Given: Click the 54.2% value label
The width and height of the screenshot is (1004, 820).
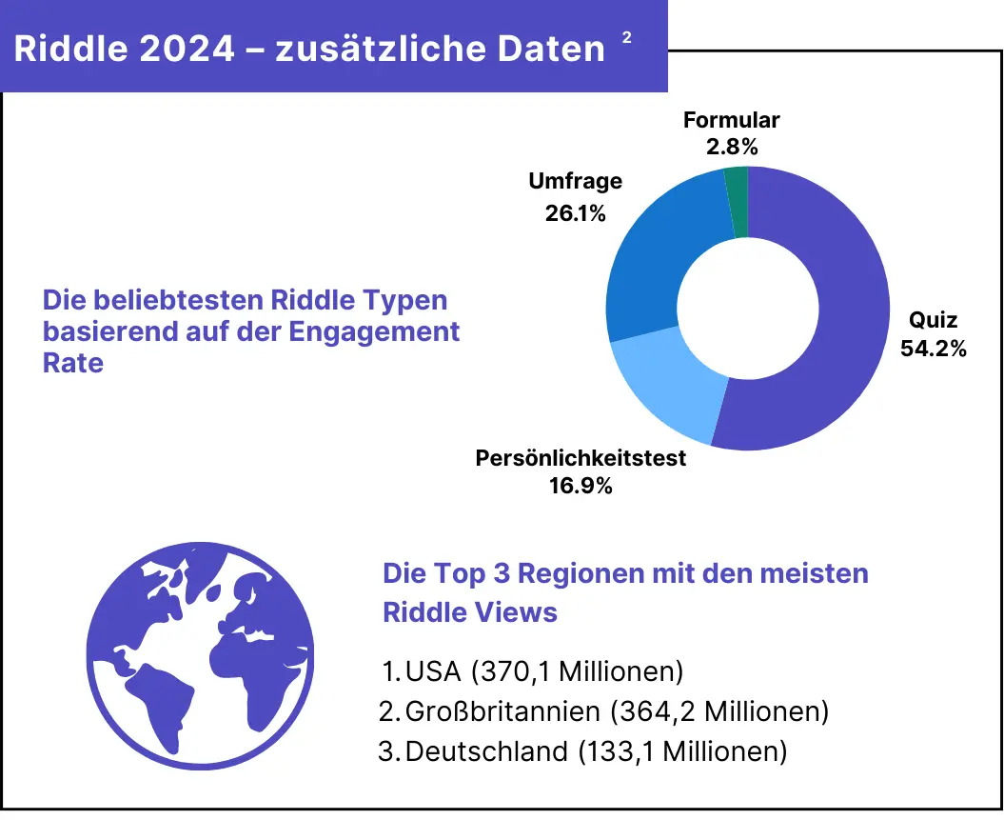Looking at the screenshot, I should (934, 349).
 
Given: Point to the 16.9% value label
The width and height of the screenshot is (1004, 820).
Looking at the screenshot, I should (581, 486).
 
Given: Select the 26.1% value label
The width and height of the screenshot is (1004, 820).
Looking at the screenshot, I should (576, 213).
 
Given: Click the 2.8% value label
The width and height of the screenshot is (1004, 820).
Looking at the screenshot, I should (732, 147).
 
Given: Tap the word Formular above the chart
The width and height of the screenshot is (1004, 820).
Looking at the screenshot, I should (732, 120).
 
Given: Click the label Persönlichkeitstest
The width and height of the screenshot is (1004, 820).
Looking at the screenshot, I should (581, 458).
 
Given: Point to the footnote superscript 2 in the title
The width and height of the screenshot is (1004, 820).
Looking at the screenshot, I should (626, 37).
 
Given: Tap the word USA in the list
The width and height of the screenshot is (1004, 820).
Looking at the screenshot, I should (434, 671).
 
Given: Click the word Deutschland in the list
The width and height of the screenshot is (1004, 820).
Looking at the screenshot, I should (486, 751).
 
